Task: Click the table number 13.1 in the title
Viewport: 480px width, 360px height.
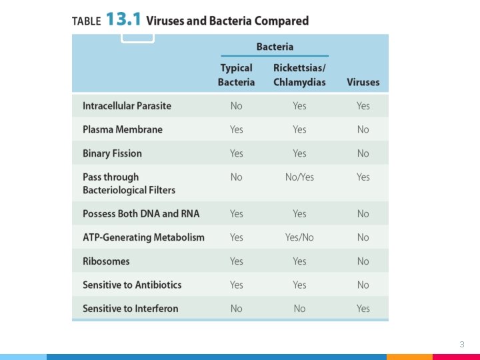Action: click(x=123, y=19)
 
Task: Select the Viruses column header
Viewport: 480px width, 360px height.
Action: click(x=363, y=82)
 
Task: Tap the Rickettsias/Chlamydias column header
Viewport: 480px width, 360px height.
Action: click(x=299, y=75)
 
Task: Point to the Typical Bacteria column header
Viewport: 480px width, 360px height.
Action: click(x=236, y=75)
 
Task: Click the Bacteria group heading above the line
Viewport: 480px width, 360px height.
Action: click(x=275, y=47)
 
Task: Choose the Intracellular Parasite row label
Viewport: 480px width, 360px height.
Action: click(x=127, y=106)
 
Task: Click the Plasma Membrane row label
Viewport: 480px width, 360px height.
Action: click(x=123, y=129)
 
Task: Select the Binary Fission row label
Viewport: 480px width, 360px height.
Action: click(x=112, y=153)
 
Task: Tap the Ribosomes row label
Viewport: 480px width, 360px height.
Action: click(x=106, y=261)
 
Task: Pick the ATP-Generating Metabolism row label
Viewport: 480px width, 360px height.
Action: click(x=143, y=237)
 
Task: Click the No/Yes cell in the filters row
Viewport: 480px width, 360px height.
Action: click(x=299, y=177)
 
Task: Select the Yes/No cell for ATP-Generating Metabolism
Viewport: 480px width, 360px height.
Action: click(x=299, y=237)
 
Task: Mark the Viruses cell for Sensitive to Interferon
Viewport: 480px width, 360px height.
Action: click(x=363, y=308)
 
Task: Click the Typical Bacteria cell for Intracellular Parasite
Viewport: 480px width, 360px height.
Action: click(x=236, y=106)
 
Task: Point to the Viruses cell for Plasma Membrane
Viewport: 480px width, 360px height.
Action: click(x=363, y=129)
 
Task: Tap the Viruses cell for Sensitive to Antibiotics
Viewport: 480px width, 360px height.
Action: click(x=363, y=285)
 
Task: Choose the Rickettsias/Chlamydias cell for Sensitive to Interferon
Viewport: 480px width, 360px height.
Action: click(x=299, y=308)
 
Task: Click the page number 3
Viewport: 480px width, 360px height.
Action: click(x=462, y=345)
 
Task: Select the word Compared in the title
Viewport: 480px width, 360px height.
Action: click(x=281, y=21)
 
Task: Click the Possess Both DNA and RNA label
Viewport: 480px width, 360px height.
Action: click(x=141, y=214)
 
